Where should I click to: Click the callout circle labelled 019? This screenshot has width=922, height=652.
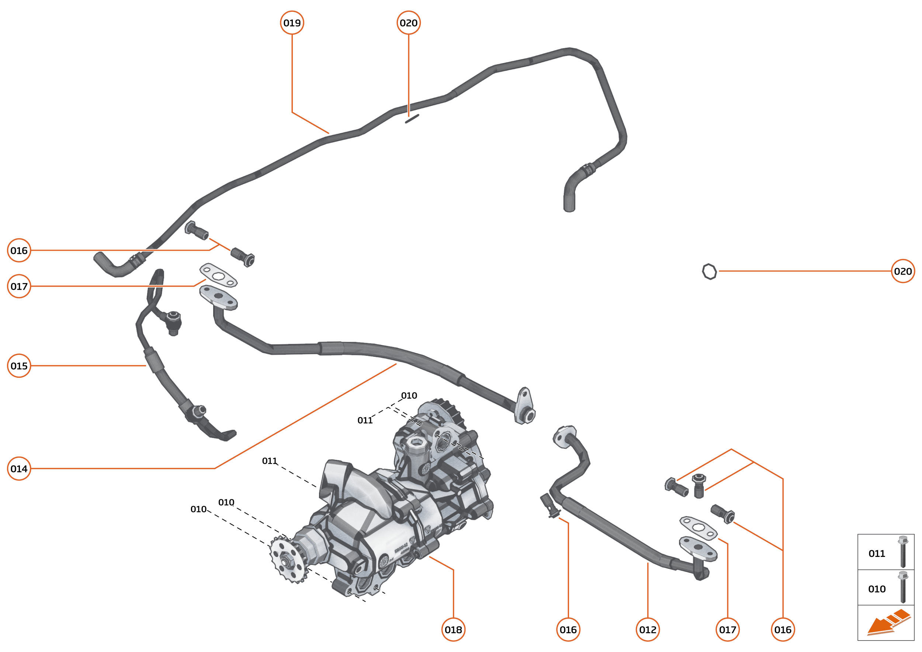292,23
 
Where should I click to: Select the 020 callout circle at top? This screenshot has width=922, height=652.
409,23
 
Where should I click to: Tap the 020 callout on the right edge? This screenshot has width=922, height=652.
903,271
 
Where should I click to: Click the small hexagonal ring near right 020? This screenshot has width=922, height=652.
709,272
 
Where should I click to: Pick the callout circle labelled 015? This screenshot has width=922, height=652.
19,366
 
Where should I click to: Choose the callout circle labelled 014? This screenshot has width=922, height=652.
19,468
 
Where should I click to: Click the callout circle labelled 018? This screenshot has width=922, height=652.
453,630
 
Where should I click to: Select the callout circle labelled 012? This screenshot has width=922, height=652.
648,630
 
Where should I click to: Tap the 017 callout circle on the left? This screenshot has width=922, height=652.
19,286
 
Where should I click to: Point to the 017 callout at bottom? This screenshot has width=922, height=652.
728,630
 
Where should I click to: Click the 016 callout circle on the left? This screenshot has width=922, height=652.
19,251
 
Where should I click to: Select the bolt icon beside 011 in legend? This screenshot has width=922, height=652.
903,552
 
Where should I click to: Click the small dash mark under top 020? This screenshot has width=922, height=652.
412,118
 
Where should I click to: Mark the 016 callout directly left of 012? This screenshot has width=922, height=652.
568,630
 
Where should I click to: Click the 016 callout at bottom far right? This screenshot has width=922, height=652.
783,630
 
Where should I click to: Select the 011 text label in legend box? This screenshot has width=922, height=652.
877,554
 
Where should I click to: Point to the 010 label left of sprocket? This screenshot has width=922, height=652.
198,509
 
